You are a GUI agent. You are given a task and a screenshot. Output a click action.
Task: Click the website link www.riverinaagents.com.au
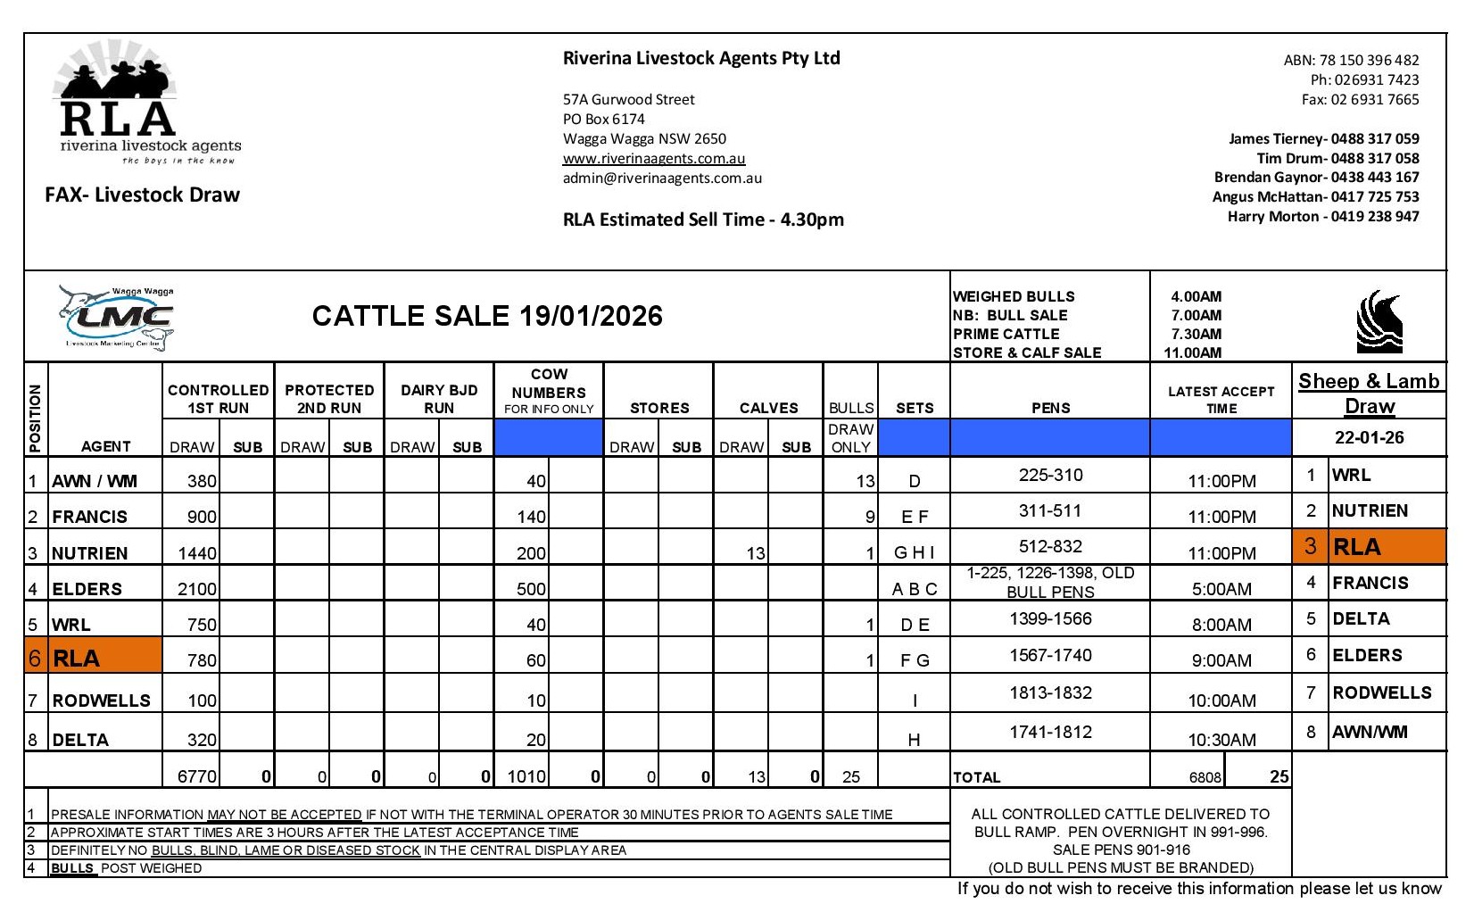coord(653,159)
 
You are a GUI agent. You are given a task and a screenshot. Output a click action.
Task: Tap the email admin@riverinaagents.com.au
coord(662,178)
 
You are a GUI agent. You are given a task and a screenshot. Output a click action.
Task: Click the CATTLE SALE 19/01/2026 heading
coord(487,316)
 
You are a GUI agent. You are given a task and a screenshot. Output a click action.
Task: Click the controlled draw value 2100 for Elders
coord(196,589)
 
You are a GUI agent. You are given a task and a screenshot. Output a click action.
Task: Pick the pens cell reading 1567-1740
coord(1050,656)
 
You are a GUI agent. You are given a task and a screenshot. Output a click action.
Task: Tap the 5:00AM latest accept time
coord(1221,589)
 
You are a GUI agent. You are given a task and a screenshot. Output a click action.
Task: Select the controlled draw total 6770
coord(196,776)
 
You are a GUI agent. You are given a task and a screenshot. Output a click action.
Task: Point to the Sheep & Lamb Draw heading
coord(1369,393)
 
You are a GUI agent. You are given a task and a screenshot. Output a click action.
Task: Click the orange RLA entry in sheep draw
coord(1369,547)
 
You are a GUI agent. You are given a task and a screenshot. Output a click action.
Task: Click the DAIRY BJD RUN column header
coord(439,399)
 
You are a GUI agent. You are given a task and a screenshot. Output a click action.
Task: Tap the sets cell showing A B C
coord(915,589)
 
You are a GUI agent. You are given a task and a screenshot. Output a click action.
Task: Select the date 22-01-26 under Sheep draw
coord(1369,438)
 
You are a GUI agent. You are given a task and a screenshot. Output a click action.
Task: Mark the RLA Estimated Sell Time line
coord(703,220)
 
